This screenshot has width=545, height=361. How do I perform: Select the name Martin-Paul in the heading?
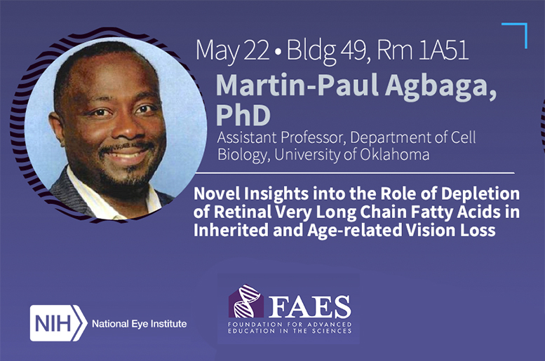[x=280, y=86]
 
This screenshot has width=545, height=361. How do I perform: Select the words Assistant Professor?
[x=271, y=137]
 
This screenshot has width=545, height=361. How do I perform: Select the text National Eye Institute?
[x=140, y=324]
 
